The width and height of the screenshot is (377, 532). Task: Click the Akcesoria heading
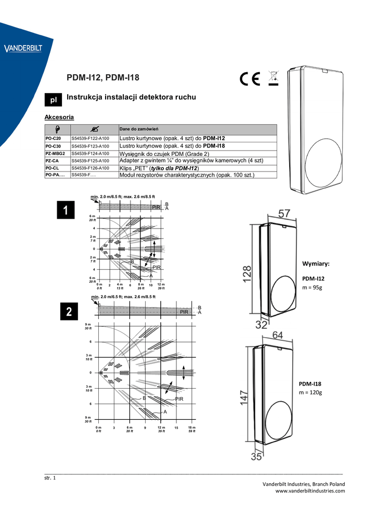(59, 117)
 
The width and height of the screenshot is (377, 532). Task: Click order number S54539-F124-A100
(90, 154)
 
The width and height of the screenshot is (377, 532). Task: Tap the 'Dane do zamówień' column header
(139, 129)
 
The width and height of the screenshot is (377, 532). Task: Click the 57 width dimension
(284, 214)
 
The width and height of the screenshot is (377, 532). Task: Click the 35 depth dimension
(256, 457)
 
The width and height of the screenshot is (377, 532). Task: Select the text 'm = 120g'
(310, 392)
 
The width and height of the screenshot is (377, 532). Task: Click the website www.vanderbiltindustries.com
(310, 491)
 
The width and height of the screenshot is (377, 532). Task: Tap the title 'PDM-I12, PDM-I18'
(103, 78)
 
